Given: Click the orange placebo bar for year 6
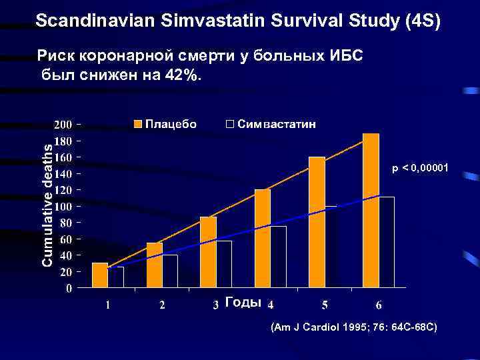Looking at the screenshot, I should click(x=371, y=211).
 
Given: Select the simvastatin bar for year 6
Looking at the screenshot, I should click(x=387, y=242).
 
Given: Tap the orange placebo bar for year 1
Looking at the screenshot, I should click(x=100, y=275).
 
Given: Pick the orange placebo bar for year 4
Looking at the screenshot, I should click(x=263, y=239).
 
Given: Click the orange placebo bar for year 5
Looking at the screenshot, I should click(x=317, y=222).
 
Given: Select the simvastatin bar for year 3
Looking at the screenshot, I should click(x=224, y=265).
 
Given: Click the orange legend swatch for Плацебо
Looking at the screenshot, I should click(x=138, y=125).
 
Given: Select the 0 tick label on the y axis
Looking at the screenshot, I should click(x=69, y=289).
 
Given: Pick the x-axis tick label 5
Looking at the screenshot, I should click(x=324, y=305).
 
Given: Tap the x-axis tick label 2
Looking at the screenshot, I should click(x=161, y=305).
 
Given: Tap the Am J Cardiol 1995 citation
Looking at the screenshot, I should click(x=353, y=328).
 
